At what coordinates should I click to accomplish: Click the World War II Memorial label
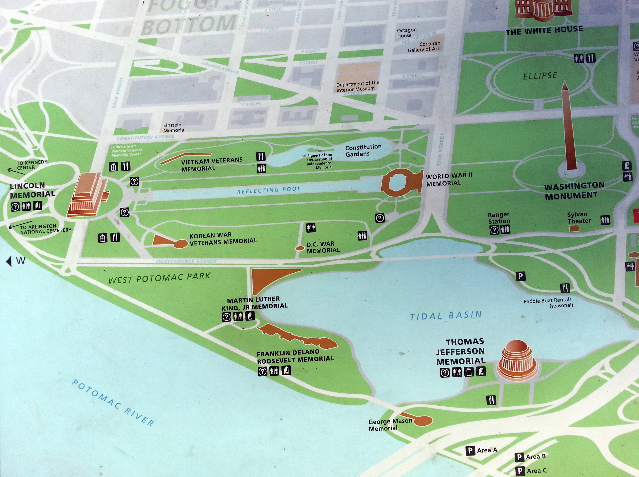449,180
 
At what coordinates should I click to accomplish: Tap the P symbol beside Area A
470,450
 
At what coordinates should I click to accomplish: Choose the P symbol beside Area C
520,471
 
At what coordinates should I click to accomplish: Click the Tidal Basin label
446,315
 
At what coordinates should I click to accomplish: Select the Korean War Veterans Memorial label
223,238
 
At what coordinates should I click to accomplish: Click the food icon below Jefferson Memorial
491,400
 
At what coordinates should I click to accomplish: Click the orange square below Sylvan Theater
574,228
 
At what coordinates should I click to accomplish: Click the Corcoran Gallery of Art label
424,47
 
